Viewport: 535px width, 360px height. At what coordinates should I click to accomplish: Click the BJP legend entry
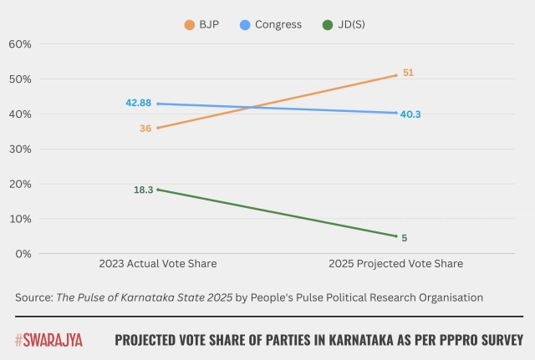204,25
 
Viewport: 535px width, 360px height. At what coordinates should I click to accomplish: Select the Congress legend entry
270,25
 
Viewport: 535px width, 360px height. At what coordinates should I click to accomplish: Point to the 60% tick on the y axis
20,43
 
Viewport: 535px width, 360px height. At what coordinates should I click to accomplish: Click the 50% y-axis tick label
20,79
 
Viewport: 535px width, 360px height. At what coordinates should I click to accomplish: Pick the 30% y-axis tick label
20,150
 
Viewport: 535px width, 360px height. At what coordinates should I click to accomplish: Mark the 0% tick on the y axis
23,254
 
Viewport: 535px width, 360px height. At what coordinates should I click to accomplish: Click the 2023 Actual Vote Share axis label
157,264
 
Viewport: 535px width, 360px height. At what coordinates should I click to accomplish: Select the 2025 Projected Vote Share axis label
396,264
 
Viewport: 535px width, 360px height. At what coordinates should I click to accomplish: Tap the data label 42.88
138,103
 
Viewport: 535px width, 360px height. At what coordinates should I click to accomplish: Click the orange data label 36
145,129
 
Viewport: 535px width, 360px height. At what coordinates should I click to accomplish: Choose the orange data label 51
408,73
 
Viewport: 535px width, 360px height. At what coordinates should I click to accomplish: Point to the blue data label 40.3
410,114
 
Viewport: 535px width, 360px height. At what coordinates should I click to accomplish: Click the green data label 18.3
143,190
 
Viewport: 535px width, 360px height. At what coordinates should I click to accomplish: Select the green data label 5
404,238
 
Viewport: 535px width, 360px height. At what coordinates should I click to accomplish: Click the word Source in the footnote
32,297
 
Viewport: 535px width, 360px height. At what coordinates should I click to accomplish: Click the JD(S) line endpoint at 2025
396,236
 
